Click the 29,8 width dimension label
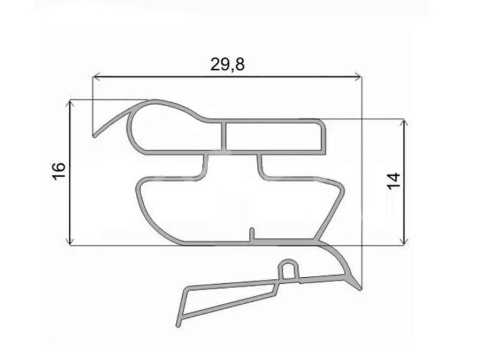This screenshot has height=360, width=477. pos(227,64)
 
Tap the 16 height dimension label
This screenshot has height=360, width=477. pos(59,171)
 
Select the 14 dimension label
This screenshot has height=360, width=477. pos(394,181)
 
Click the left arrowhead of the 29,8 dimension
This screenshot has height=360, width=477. pos(96,77)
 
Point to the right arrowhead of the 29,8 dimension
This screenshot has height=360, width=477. pos(357,77)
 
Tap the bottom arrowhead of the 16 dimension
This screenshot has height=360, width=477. pos(70,241)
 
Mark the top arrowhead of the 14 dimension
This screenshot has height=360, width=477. pos(403,123)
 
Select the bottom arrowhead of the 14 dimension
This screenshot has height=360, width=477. pos(403,241)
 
